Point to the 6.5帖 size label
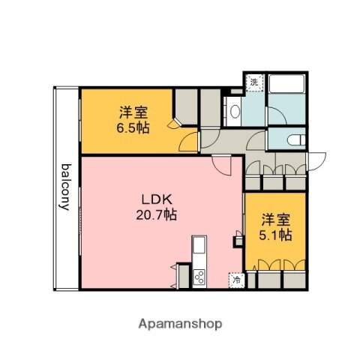[133, 127]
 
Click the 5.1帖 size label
[276, 235]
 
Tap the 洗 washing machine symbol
[255, 81]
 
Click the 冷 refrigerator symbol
[236, 280]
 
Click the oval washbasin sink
[234, 113]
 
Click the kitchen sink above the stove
[199, 247]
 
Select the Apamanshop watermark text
[180, 324]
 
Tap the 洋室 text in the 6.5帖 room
[133, 112]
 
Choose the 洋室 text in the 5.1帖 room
[276, 220]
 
